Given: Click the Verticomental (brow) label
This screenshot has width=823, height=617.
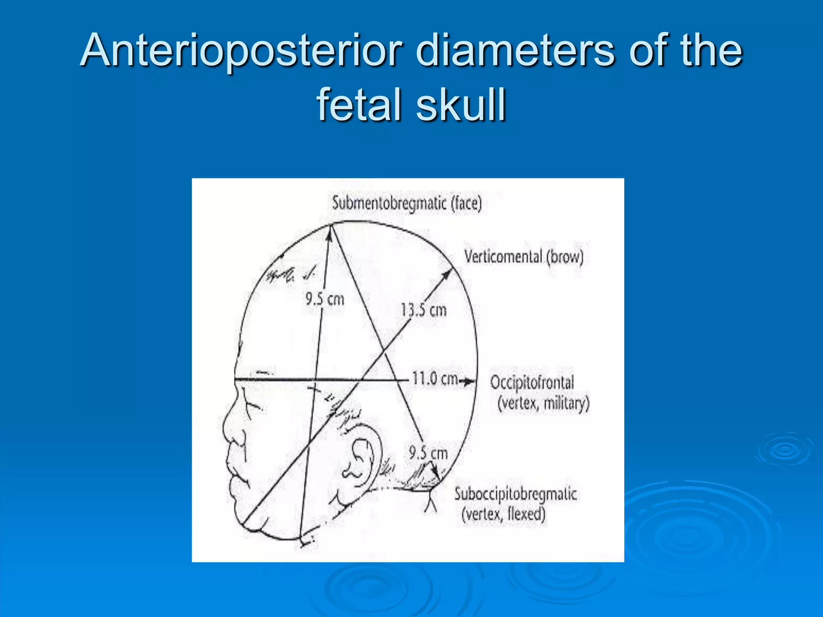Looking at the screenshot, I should [523, 257].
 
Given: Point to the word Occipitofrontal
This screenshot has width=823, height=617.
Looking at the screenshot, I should [532, 382].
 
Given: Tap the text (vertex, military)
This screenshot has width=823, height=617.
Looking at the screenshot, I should [543, 403].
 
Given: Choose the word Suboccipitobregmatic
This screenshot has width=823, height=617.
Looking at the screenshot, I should [516, 494].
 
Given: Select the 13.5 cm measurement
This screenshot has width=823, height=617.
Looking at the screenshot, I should [424, 311].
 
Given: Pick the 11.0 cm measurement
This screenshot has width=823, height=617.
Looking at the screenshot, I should [435, 379].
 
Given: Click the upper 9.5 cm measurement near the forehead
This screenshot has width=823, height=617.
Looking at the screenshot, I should [325, 299].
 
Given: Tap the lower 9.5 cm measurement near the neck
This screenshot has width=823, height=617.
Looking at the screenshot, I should [428, 454].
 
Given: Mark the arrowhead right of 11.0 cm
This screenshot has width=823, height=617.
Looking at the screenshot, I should [469, 382].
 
